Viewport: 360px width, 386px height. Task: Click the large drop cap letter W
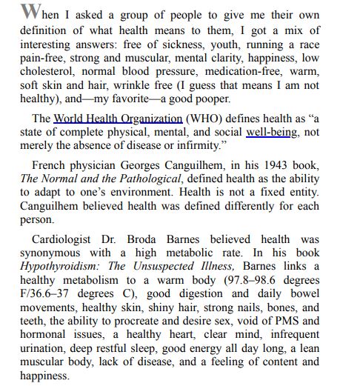pos(28,13)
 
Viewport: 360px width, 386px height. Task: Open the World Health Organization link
pos(118,118)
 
